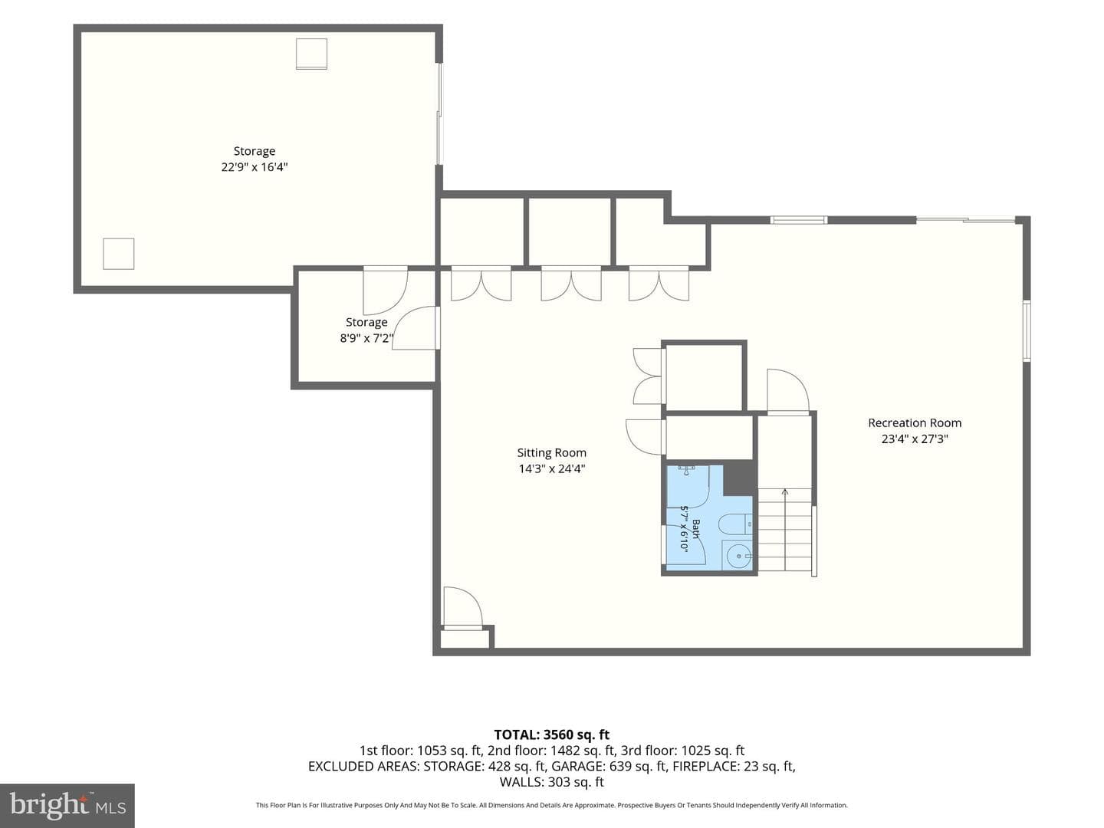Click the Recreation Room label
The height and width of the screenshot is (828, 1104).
coord(915,422)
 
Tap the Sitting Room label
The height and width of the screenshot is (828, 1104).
coord(552,452)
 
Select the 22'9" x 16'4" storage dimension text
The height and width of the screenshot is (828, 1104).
coord(255,167)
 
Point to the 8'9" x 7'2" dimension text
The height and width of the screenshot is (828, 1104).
coord(366,338)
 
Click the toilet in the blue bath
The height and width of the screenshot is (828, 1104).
coord(734,525)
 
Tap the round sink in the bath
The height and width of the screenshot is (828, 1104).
coord(738,556)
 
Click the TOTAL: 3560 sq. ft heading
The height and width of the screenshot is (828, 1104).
coord(552,735)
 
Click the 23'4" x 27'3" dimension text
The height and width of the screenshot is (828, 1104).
coord(915,439)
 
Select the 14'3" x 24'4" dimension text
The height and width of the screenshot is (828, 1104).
coord(552,468)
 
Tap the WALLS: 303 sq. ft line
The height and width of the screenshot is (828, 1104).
coord(552,782)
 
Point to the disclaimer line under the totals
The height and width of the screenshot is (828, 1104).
coord(552,805)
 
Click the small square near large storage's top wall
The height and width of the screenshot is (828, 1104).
coord(311,54)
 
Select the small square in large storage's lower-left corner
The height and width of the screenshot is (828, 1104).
coord(119,254)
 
